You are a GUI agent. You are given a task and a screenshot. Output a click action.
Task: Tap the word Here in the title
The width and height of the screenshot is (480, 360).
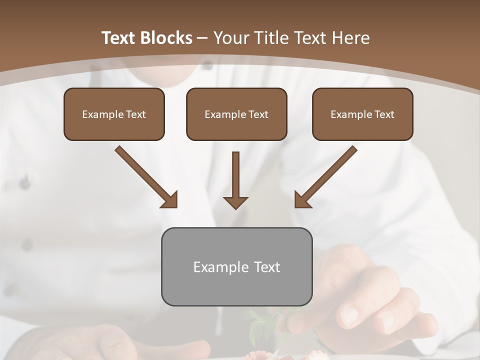click(x=352, y=38)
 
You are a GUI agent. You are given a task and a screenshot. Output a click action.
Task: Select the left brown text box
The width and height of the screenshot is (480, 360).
click(x=114, y=114)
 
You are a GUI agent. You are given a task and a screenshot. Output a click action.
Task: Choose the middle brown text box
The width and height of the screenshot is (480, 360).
click(x=236, y=114)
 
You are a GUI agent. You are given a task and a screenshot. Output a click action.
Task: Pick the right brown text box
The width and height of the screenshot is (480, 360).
click(x=362, y=114)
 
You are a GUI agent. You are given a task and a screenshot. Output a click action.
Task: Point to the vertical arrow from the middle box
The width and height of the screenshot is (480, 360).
click(x=235, y=175)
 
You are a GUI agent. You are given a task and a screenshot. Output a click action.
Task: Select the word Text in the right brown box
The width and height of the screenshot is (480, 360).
click(x=384, y=114)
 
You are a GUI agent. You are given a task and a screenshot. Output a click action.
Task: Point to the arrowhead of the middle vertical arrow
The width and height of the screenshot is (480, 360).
click(x=235, y=202)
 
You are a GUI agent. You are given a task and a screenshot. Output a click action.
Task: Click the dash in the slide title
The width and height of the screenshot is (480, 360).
click(x=202, y=38)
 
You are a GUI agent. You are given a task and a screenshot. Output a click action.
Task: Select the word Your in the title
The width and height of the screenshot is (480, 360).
click(x=229, y=38)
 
